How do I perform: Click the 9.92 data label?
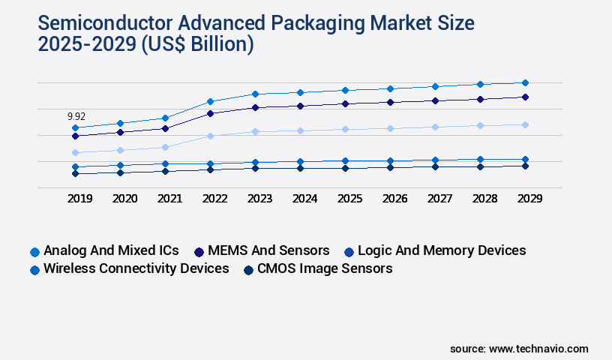point(76,116)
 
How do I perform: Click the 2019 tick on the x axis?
point(79,199)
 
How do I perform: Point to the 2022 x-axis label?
point(214,199)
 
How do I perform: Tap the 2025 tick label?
point(349,199)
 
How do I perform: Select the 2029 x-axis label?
point(529,199)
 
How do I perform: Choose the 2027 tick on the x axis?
point(439,199)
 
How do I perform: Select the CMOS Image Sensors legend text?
point(324,268)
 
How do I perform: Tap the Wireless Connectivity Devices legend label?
point(136,268)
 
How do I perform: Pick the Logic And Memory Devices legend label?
point(442,250)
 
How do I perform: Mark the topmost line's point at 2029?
point(525,82)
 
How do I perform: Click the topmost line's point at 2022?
point(211,101)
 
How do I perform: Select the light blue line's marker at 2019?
point(75,152)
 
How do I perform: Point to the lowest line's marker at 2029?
point(525,166)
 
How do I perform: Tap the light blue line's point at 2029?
point(525,124)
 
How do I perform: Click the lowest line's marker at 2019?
point(75,173)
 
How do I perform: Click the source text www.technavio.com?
point(538,349)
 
